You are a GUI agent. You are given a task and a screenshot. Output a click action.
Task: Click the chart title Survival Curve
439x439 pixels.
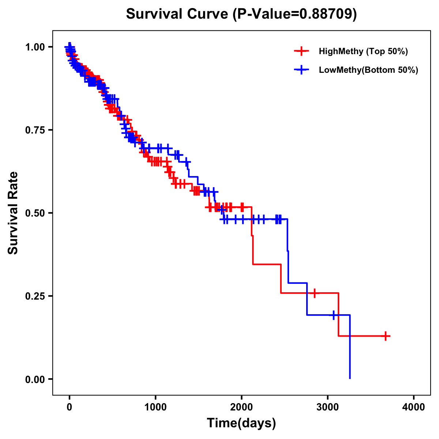click(x=178, y=14)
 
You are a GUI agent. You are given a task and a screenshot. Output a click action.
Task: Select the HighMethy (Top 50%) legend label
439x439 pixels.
click(x=363, y=51)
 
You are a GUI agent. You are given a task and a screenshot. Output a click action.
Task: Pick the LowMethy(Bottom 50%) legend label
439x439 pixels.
click(x=368, y=70)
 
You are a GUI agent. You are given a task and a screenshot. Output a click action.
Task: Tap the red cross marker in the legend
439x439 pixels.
click(x=301, y=51)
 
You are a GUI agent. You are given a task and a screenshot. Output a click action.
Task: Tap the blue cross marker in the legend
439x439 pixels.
click(x=301, y=70)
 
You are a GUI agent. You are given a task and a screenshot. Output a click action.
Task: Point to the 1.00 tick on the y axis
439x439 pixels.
click(x=35, y=47)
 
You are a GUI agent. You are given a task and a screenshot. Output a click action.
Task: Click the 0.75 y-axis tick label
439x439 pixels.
click(x=35, y=130)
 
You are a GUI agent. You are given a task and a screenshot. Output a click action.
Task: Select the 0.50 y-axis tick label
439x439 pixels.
click(x=35, y=213)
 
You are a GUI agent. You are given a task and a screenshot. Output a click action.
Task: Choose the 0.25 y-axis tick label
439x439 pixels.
click(x=35, y=296)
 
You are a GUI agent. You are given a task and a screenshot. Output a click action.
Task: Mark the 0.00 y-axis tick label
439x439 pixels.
click(x=35, y=379)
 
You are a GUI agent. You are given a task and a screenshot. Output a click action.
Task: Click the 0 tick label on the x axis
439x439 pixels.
click(x=70, y=407)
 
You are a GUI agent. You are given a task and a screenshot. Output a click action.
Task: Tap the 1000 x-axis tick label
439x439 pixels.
click(x=155, y=407)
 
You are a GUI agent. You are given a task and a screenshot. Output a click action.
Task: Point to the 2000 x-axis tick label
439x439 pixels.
click(x=241, y=407)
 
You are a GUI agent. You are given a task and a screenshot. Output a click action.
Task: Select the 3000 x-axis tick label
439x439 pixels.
click(x=328, y=407)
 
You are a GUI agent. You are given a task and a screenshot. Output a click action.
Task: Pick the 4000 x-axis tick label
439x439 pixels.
click(x=414, y=407)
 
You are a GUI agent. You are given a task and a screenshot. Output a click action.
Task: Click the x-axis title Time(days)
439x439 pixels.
click(x=241, y=423)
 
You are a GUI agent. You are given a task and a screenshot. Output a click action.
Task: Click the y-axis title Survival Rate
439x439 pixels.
click(x=13, y=213)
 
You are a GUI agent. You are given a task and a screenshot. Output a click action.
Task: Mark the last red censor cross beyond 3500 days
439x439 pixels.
click(x=386, y=336)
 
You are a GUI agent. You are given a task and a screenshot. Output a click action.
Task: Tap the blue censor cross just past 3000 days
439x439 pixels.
click(x=334, y=315)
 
